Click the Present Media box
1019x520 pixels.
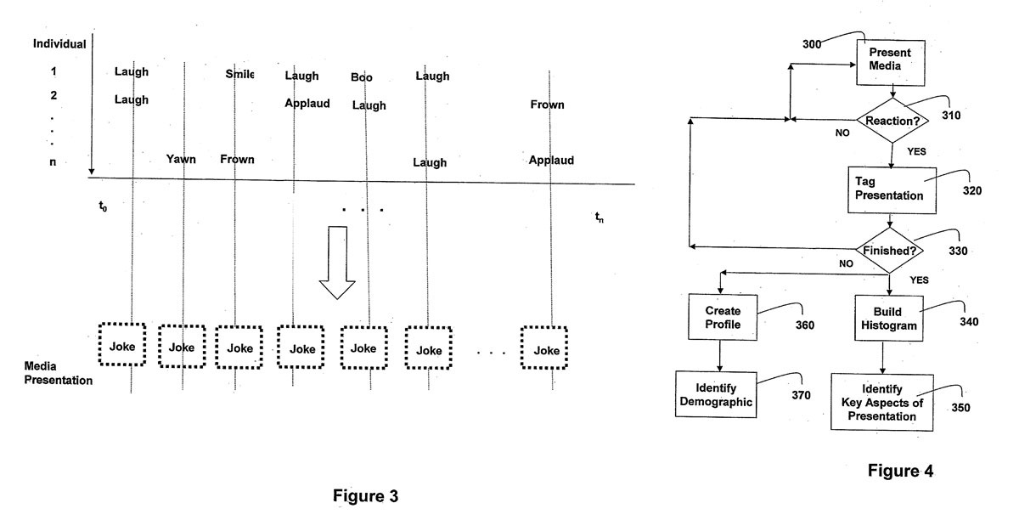(889, 64)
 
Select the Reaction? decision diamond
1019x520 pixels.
(892, 121)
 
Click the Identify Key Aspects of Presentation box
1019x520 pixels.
(881, 402)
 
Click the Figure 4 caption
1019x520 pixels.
(900, 472)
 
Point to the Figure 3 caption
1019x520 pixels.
(365, 495)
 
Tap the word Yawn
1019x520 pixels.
(181, 159)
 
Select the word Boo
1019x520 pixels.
(362, 77)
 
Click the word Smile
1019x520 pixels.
(239, 73)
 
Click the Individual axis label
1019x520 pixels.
(59, 43)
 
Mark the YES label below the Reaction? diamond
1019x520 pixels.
(916, 152)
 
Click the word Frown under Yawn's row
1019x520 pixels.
(237, 159)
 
